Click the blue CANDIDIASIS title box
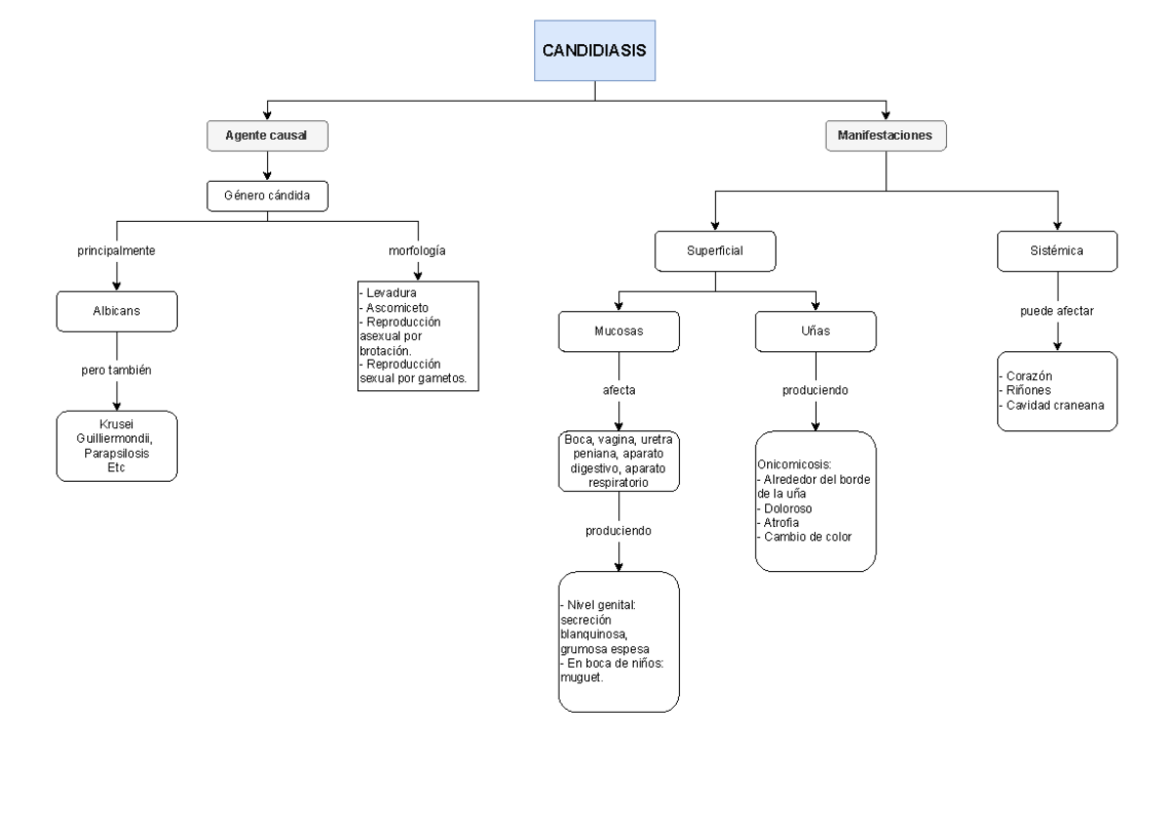coord(595,50)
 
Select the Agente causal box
coord(267,137)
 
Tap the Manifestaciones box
coord(886,137)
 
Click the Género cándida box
coord(267,197)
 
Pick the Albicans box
coord(116,312)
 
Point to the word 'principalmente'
coord(117,250)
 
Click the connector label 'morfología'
coord(418,250)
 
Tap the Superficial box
coord(715,250)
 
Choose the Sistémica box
coord(1057,250)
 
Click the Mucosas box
coord(618,330)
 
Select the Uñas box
coord(815,330)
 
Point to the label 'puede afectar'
coord(1057,312)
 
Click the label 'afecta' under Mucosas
coord(618,389)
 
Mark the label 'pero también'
coord(116,372)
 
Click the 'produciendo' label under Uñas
coord(815,389)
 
